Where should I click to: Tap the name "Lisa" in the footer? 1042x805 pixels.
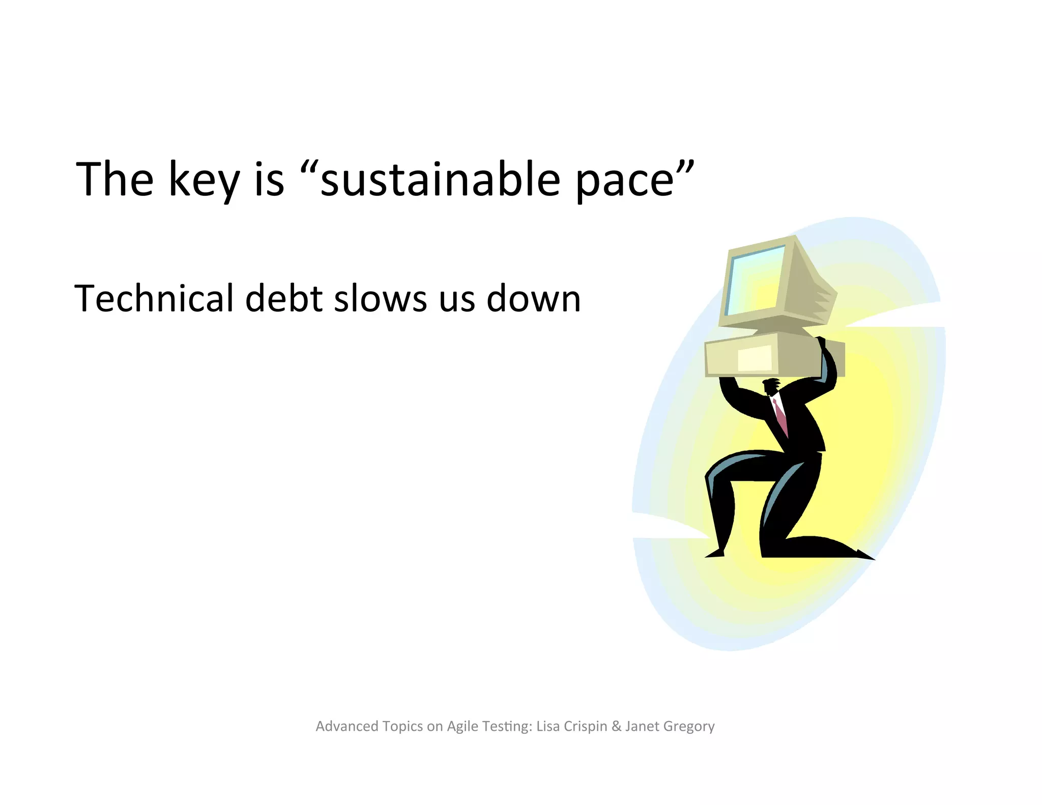click(x=548, y=726)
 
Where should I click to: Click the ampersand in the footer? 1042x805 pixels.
click(x=616, y=726)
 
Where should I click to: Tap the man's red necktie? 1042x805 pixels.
click(x=780, y=418)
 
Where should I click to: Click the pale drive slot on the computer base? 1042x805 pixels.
click(x=755, y=357)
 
